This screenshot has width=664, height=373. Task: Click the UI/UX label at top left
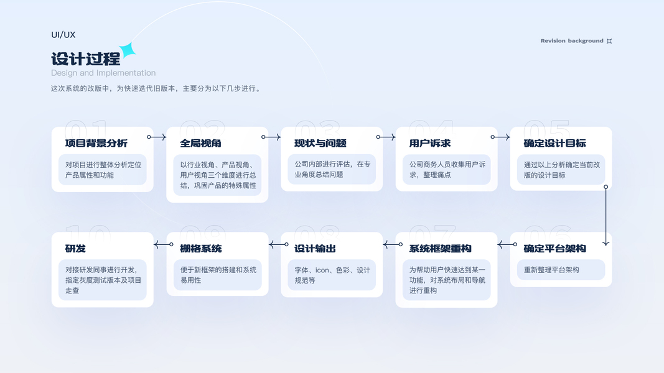[x=63, y=35]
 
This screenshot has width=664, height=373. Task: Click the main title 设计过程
[x=85, y=59]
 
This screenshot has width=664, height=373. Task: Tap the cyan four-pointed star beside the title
[x=128, y=50]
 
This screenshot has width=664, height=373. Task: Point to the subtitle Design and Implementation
[x=103, y=73]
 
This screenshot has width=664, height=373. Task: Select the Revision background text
[x=572, y=41]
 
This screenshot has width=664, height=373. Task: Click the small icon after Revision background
[x=609, y=41]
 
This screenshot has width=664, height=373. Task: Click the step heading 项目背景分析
[x=96, y=143]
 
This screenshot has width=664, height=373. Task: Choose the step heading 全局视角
[x=201, y=143]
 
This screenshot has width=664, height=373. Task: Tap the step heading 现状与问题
[x=320, y=143]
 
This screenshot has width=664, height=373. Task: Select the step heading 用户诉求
[x=430, y=143]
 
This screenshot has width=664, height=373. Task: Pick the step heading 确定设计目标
[x=555, y=143]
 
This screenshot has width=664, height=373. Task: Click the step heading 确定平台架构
[x=555, y=249]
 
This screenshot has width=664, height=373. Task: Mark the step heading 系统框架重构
[x=441, y=249]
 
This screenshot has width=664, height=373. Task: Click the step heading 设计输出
[x=316, y=249]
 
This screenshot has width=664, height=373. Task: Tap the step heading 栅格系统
[x=201, y=249]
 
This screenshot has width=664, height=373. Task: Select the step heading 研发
[x=75, y=249]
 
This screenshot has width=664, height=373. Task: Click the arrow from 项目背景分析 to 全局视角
[x=157, y=137]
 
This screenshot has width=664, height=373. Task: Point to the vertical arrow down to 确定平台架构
[x=606, y=215]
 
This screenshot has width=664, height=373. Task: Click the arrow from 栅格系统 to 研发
[x=164, y=244]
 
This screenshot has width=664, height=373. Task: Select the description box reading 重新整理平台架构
[x=561, y=270]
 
